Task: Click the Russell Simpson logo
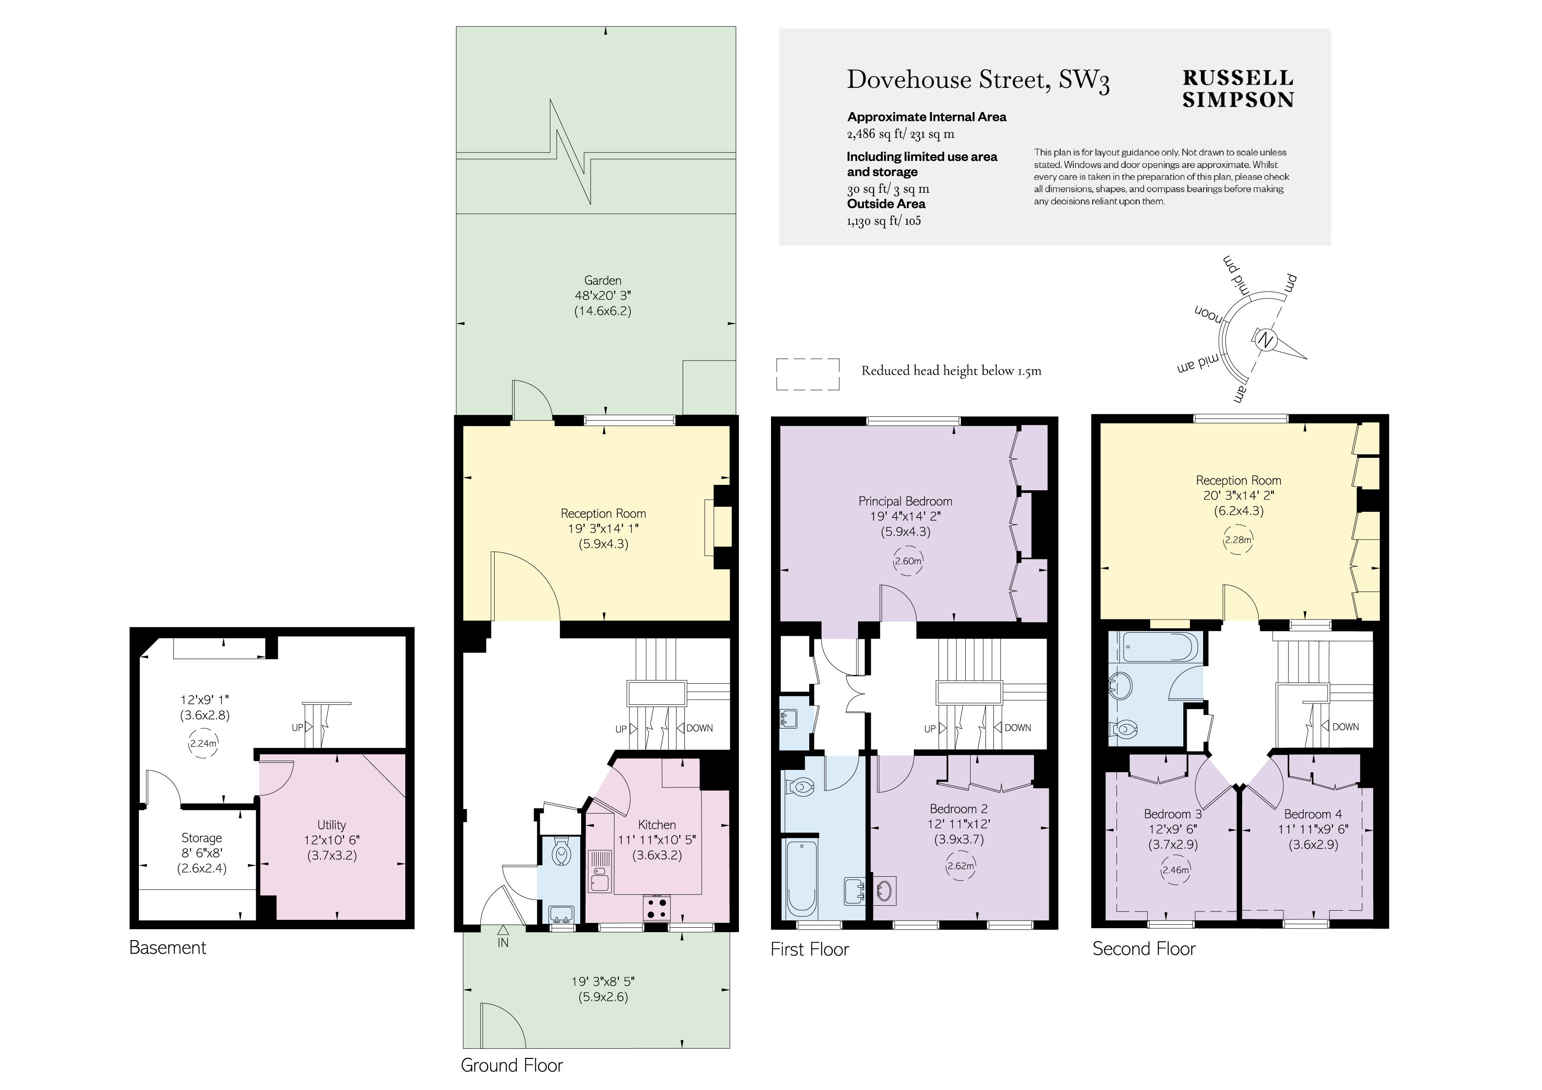point(1238,89)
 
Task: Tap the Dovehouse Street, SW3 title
point(978,80)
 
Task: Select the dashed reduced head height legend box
point(808,374)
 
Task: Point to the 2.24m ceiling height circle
point(203,744)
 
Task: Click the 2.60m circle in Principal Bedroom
point(908,561)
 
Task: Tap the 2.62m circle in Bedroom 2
point(960,866)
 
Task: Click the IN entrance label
point(503,943)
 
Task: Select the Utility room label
point(332,825)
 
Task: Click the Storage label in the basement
point(201,838)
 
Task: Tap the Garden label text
point(603,280)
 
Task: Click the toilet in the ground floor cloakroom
point(560,853)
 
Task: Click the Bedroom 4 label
point(1313,814)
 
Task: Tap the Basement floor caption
point(168,947)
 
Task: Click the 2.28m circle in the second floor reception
point(1238,540)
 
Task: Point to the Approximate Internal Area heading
point(927,117)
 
